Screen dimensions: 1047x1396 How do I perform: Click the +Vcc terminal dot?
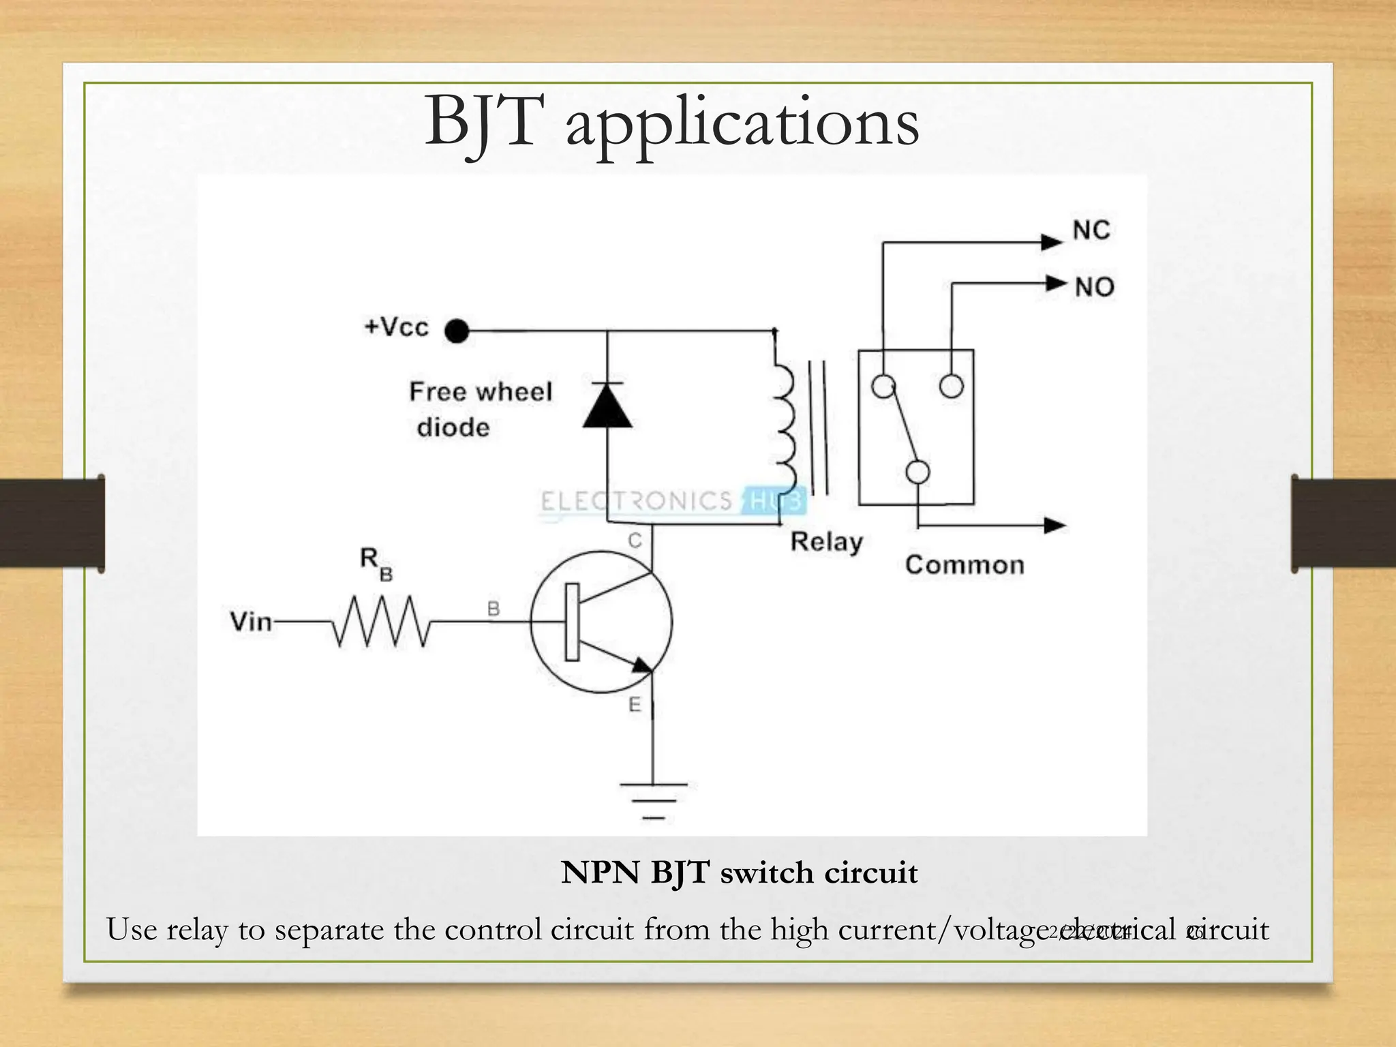457,331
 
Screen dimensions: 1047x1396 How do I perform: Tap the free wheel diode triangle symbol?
607,407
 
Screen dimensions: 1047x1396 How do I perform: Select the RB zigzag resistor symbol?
380,621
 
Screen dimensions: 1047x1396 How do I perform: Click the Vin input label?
251,622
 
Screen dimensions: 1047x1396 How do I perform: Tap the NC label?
1091,230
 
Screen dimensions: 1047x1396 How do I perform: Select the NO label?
1094,287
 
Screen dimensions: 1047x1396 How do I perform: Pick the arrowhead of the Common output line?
1054,525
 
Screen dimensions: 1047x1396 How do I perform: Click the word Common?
964,565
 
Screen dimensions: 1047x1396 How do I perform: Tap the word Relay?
826,542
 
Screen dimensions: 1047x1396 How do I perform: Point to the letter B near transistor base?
494,609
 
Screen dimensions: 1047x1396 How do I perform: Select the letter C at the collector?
635,541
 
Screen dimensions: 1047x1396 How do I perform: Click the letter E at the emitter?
635,705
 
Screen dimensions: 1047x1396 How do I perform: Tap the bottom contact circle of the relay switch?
917,472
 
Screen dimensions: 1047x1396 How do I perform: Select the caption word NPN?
600,873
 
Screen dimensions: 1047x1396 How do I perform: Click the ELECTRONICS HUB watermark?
671,501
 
